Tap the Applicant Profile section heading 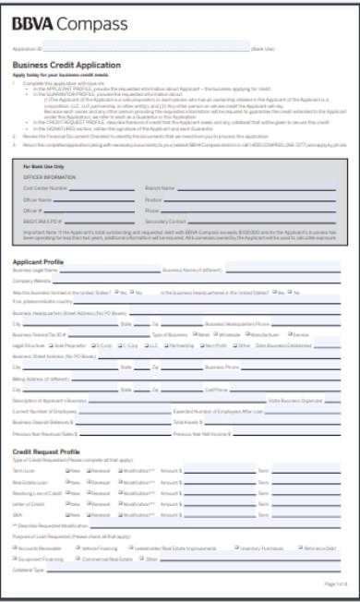point(43,261)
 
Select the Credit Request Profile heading point(54,452)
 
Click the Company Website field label point(31,281)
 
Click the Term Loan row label point(24,470)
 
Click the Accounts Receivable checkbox point(16,548)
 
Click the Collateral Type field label point(29,570)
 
